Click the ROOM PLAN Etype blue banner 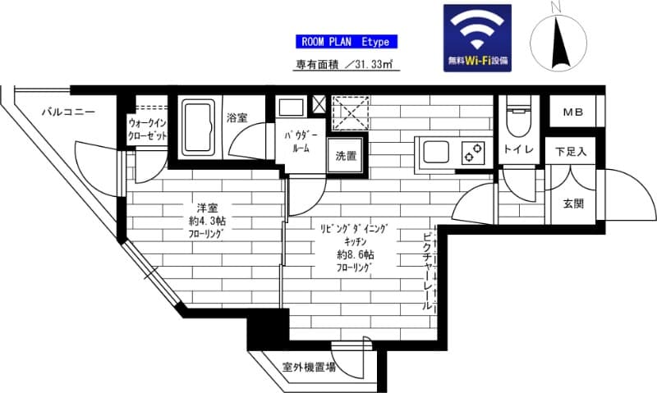pyautogui.click(x=347, y=42)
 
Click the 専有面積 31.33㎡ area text pyautogui.click(x=346, y=65)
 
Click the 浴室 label pyautogui.click(x=237, y=118)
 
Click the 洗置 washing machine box pyautogui.click(x=346, y=155)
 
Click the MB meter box pyautogui.click(x=572, y=113)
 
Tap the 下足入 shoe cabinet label pyautogui.click(x=571, y=151)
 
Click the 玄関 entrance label pyautogui.click(x=573, y=203)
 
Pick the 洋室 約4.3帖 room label pyautogui.click(x=204, y=220)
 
